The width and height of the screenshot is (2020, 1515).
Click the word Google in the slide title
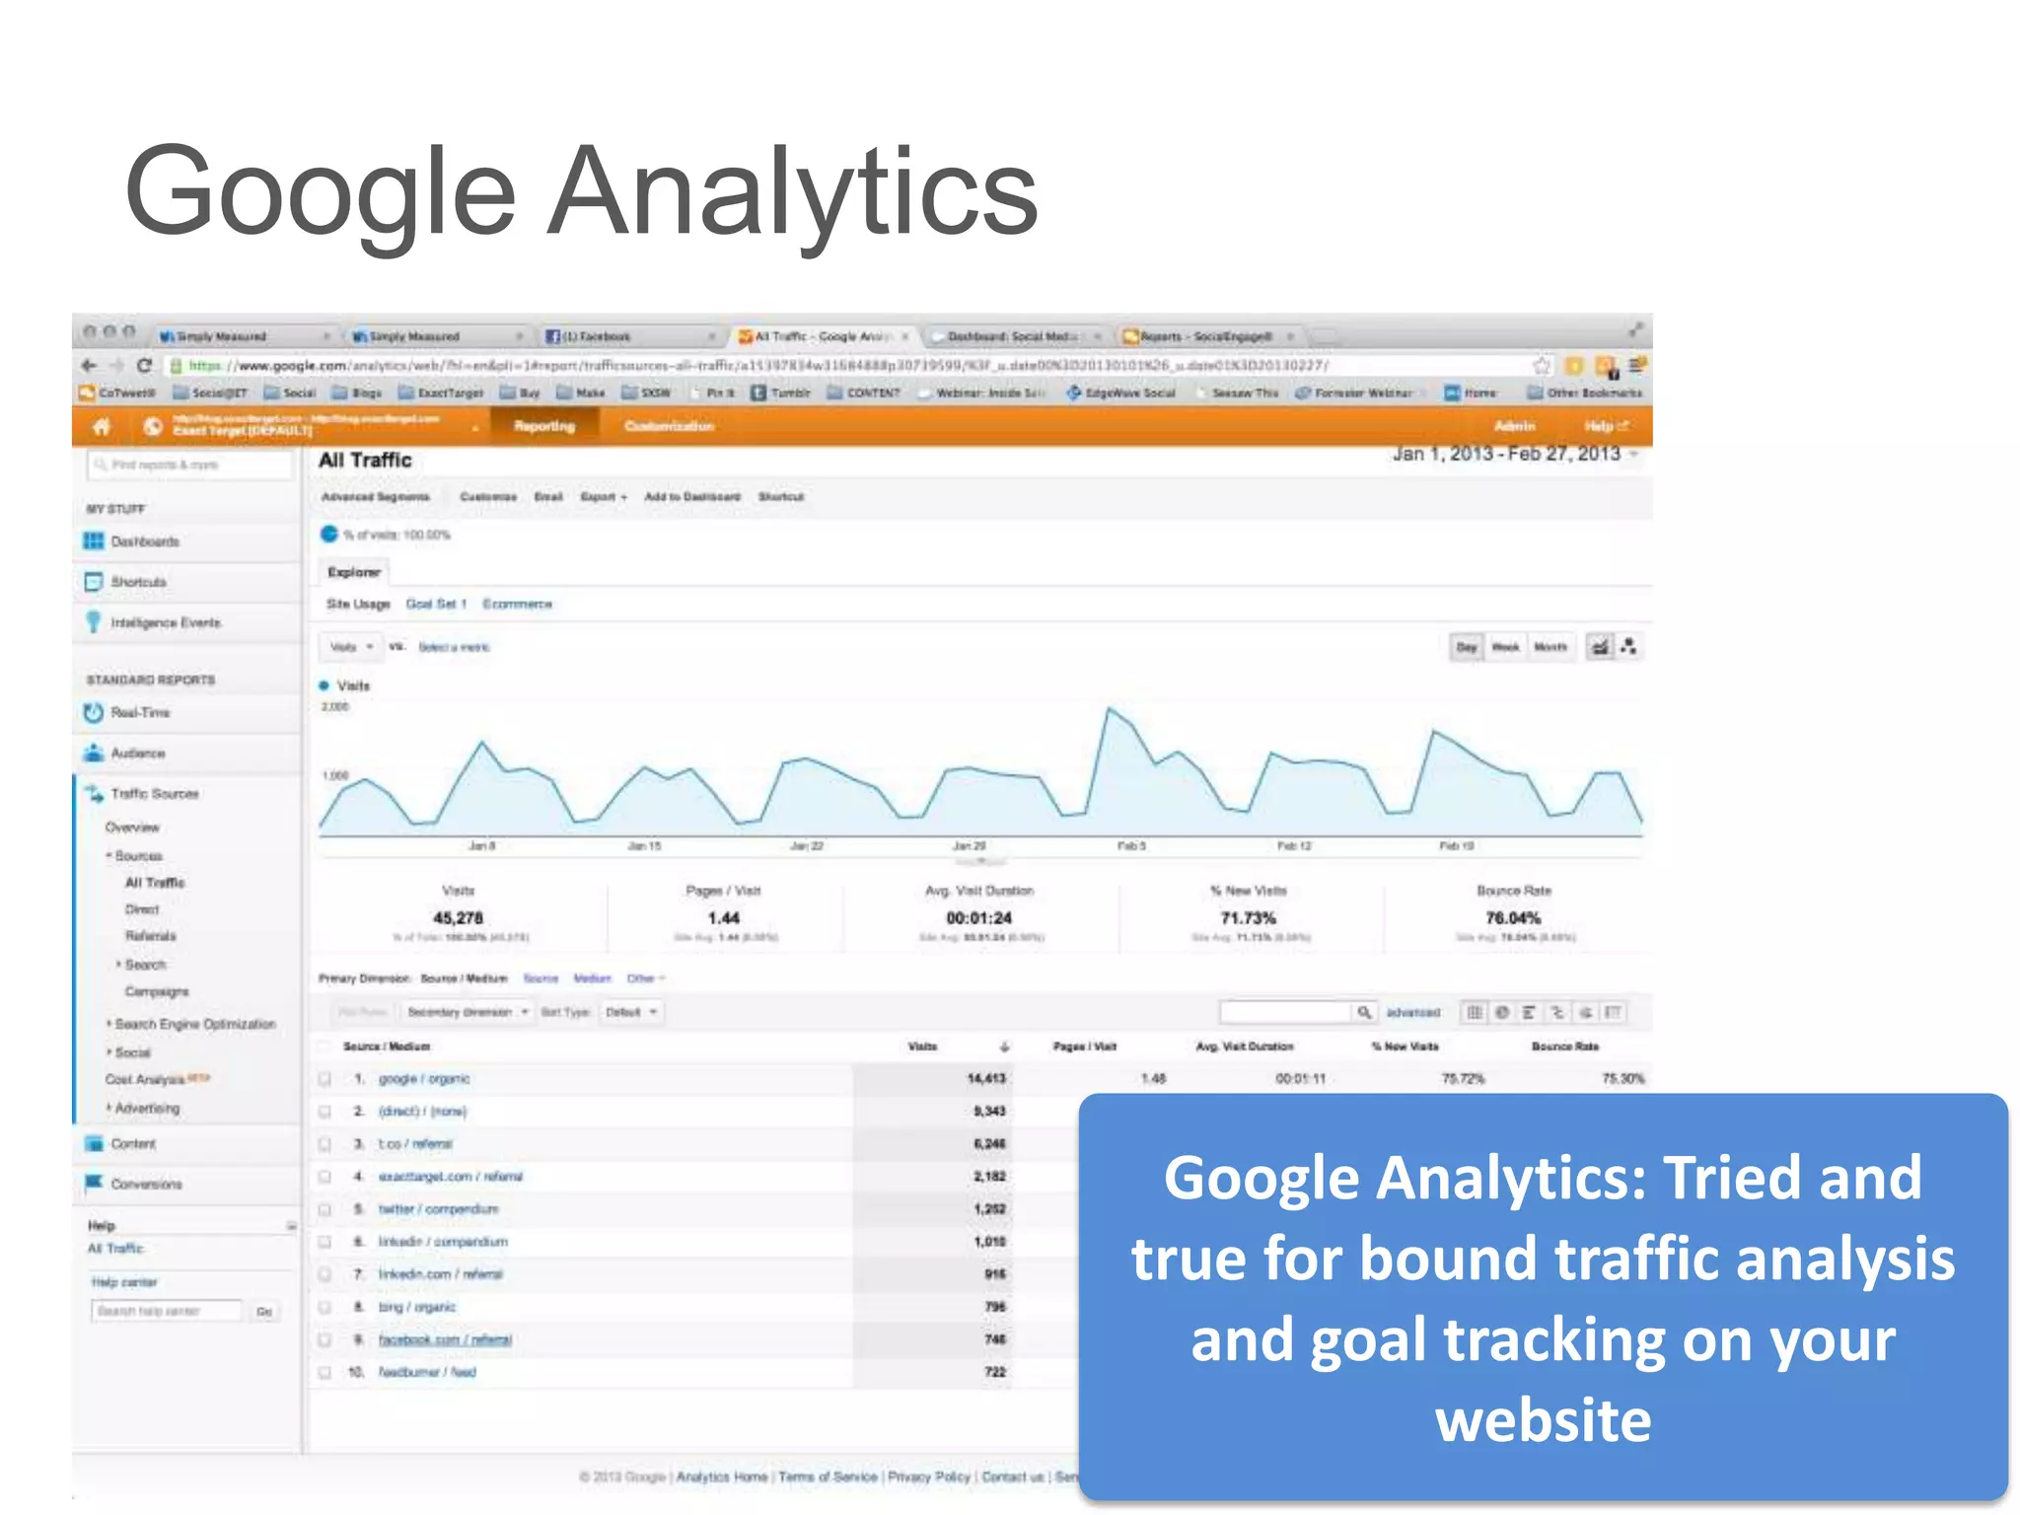click(x=321, y=192)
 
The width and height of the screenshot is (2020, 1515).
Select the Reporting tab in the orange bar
click(x=543, y=426)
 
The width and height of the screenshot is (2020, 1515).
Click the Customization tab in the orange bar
click(x=669, y=426)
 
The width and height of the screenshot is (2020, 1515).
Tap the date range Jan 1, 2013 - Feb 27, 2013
click(x=1506, y=454)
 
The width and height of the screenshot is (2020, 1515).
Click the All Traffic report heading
click(x=365, y=461)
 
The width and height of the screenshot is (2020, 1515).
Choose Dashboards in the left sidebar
click(x=144, y=541)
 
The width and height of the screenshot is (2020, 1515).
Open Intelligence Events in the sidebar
click(x=165, y=622)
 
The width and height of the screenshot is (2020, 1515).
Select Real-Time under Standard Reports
click(x=140, y=712)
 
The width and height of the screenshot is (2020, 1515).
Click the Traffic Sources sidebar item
click(x=154, y=793)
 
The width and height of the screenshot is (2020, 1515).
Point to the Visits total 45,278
click(x=458, y=918)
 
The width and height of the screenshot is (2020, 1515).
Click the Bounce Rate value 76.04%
click(x=1513, y=918)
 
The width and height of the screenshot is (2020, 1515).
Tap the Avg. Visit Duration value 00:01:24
click(x=978, y=918)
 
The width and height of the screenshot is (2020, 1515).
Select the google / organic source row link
click(x=424, y=1079)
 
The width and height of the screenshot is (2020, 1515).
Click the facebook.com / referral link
click(x=445, y=1339)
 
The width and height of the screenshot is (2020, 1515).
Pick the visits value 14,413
click(x=986, y=1079)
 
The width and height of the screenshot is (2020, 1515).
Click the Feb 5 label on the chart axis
click(x=1130, y=846)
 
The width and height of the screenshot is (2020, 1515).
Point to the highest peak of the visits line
click(x=1110, y=708)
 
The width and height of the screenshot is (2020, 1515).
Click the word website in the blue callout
click(x=1543, y=1420)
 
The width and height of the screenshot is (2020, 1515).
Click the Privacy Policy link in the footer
click(x=929, y=1477)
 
